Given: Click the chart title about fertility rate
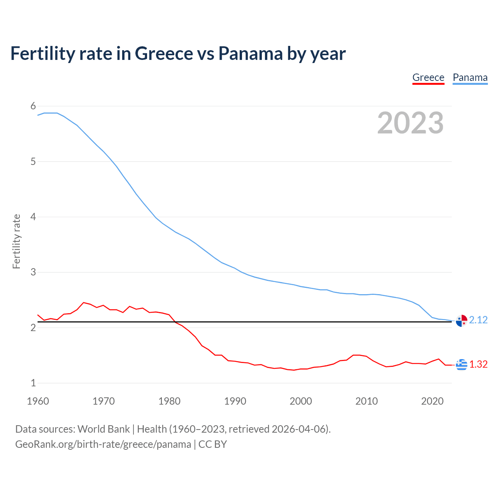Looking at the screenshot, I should point(178,54).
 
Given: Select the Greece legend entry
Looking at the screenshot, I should point(428,77).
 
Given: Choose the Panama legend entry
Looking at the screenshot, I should point(470,77).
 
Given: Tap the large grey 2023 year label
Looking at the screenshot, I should point(410,123).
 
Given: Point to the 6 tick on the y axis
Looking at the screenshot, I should point(33,106).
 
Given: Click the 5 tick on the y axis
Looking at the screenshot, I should point(33,161).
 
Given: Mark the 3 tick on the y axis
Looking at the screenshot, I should point(33,272).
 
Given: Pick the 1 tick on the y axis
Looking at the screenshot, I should point(33,383).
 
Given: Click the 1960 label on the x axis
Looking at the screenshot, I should point(38,401).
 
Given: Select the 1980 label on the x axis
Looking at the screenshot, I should point(169,401).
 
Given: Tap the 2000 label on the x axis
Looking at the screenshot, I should point(301,401).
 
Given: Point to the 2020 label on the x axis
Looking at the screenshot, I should point(432,401).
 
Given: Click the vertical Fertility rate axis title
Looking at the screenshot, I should point(16,241).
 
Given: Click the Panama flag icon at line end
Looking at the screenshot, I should point(461,321).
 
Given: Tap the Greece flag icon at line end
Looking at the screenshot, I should point(461,365).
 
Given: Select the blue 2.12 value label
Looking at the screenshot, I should point(478,320).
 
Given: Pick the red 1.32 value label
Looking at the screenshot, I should point(478,364).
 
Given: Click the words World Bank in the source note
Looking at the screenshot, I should point(103,429).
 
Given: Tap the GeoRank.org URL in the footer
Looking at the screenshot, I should point(103,444).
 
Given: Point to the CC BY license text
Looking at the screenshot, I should point(212,444).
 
